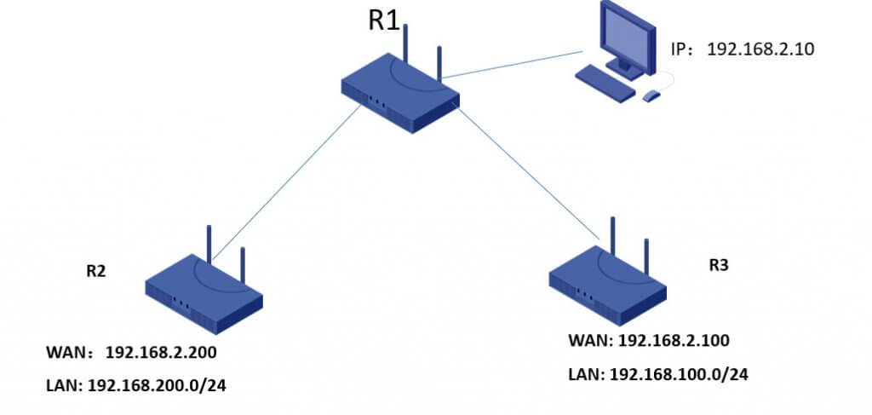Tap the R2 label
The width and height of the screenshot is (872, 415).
pyautogui.click(x=95, y=271)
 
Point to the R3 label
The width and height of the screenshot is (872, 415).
pyautogui.click(x=719, y=265)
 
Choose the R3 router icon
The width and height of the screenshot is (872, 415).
pyautogui.click(x=607, y=285)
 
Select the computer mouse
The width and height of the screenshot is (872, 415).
pyautogui.click(x=651, y=95)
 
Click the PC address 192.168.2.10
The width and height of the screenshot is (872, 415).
pyautogui.click(x=760, y=49)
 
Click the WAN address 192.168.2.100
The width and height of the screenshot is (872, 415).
pyautogui.click(x=674, y=341)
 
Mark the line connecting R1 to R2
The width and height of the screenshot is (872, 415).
pyautogui.click(x=285, y=184)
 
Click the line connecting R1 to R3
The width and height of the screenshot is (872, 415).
pyautogui.click(x=528, y=171)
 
